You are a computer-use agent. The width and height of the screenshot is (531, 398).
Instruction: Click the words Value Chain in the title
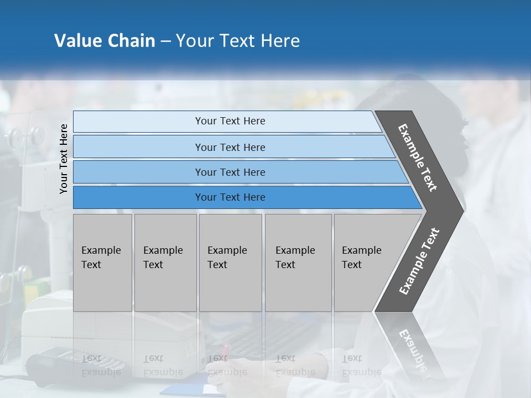(x=105, y=41)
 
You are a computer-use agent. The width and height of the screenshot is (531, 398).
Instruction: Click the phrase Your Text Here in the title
(x=238, y=41)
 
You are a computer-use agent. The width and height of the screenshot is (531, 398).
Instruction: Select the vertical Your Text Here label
(x=64, y=159)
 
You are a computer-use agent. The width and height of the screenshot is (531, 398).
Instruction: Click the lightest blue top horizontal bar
(x=230, y=121)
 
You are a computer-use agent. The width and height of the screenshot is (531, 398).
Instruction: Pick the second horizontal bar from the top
(x=230, y=147)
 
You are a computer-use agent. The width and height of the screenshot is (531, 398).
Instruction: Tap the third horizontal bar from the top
(x=230, y=172)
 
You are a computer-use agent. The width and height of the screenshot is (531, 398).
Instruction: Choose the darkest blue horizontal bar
(x=230, y=197)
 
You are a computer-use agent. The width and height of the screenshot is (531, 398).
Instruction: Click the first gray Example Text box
(x=102, y=262)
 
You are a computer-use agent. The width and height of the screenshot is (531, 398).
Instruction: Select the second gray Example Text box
(x=165, y=262)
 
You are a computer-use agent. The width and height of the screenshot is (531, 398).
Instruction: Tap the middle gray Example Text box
(x=230, y=262)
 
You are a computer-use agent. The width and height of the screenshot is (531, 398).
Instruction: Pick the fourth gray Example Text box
(x=298, y=262)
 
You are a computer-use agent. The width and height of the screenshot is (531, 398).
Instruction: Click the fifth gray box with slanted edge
(x=365, y=262)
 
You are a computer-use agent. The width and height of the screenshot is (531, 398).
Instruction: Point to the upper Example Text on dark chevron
(x=418, y=157)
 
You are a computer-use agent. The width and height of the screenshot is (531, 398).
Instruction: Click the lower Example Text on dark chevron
(x=419, y=261)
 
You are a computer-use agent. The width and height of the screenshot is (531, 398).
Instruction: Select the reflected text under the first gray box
(x=101, y=365)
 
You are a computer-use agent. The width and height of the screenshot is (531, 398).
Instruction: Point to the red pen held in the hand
(x=225, y=350)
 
